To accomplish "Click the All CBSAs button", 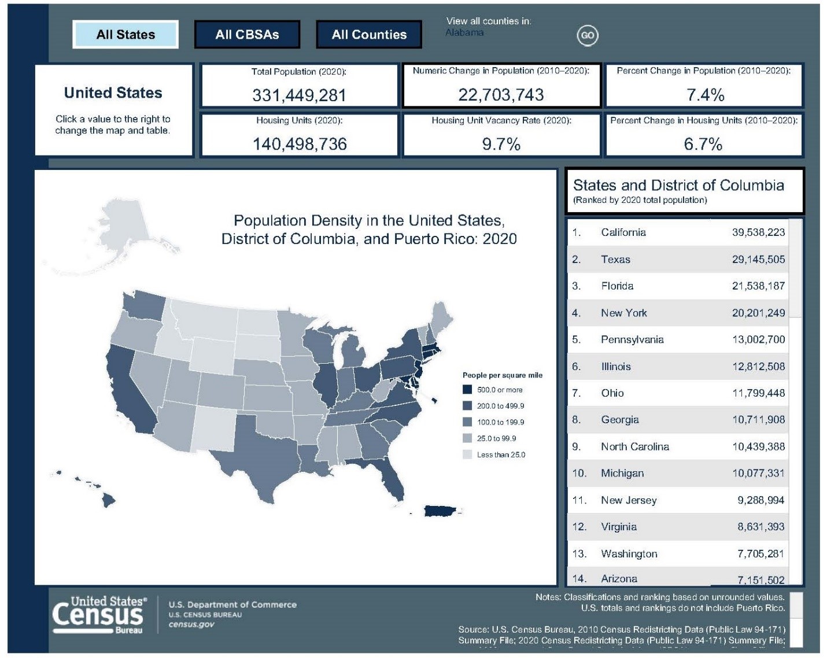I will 247,35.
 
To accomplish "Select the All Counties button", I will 369,35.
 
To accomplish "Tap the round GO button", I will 587,35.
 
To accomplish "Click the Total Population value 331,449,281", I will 299,95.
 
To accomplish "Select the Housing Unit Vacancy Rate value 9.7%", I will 501,144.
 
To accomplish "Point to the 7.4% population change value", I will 705,95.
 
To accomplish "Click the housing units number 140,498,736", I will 300,144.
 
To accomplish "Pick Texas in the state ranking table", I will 615,260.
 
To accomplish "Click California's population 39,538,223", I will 758,232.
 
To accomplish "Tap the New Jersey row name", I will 629,500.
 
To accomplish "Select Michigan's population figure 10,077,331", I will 758,474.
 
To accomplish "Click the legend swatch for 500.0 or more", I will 467,390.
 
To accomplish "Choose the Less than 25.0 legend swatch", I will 467,454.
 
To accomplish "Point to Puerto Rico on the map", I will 441,511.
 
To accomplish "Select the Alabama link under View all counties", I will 464,32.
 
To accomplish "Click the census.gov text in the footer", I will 191,624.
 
